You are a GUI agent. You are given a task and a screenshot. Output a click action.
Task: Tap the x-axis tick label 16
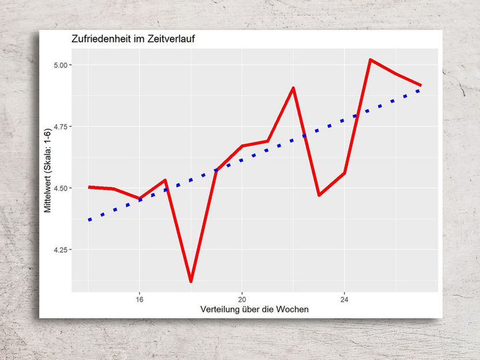click(139, 300)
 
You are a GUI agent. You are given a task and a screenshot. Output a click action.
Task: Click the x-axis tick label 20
click(242, 300)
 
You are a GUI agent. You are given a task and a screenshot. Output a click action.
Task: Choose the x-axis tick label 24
click(344, 300)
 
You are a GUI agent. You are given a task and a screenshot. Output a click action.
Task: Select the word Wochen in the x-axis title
click(292, 310)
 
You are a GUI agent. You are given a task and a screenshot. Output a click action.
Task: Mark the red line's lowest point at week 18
click(190, 281)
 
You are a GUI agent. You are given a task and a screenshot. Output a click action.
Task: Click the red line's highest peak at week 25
click(370, 59)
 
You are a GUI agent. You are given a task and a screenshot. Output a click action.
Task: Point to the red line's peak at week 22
click(293, 88)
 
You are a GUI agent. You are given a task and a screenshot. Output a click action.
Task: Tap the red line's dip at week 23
click(319, 195)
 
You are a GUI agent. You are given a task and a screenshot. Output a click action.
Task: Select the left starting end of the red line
click(89, 187)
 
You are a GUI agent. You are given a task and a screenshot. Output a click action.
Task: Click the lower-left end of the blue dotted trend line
click(89, 220)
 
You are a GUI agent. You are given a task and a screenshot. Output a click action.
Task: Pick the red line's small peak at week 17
click(165, 180)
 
